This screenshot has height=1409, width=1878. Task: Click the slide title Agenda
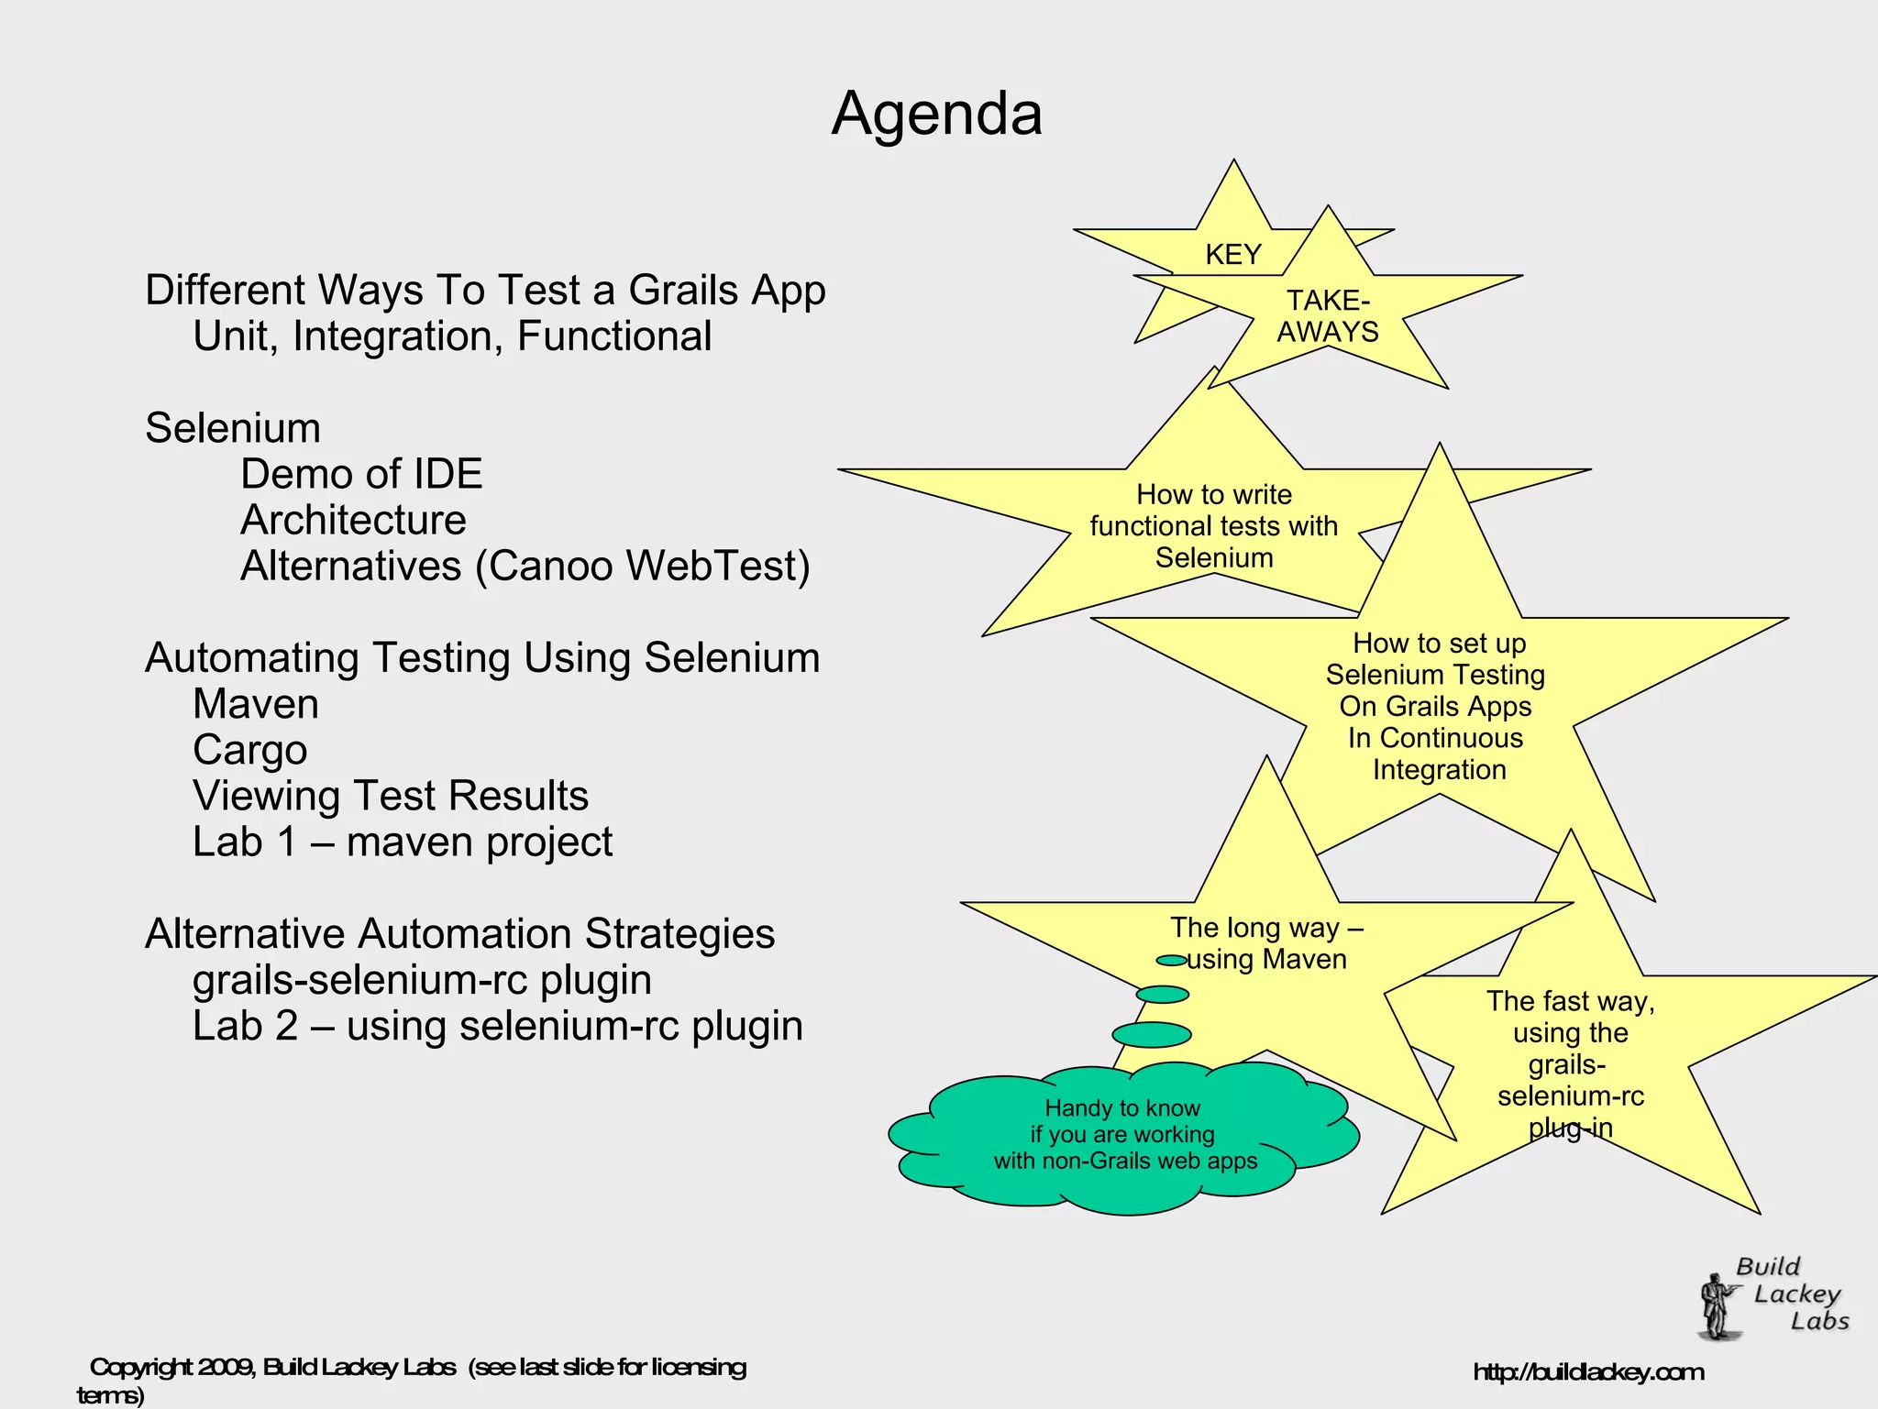(x=936, y=115)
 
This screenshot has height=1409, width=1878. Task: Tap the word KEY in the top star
(x=1232, y=255)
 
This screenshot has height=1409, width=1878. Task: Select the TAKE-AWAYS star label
(x=1328, y=316)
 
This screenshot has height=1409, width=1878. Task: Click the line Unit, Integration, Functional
(x=452, y=336)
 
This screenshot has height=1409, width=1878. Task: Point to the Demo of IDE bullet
(x=361, y=474)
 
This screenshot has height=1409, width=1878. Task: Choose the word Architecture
(x=353, y=520)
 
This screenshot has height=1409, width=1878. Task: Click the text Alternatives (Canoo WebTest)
(x=525, y=566)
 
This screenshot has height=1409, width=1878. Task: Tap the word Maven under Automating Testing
(x=256, y=704)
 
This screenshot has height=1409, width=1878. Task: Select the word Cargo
(x=249, y=750)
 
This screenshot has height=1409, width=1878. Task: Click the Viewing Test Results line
(x=391, y=796)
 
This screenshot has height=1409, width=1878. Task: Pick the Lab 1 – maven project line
(x=403, y=842)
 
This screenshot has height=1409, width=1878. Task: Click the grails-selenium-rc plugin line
(x=422, y=980)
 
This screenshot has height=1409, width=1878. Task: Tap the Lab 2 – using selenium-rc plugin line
(x=497, y=1026)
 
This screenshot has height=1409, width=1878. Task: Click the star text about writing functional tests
(x=1213, y=526)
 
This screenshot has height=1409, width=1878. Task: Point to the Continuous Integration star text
(x=1437, y=707)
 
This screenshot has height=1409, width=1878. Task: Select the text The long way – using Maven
(x=1265, y=943)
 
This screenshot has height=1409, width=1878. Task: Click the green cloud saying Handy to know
(x=1124, y=1135)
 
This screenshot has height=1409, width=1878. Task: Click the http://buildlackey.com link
(x=1588, y=1372)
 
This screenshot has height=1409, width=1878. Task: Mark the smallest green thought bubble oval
(x=1171, y=961)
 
